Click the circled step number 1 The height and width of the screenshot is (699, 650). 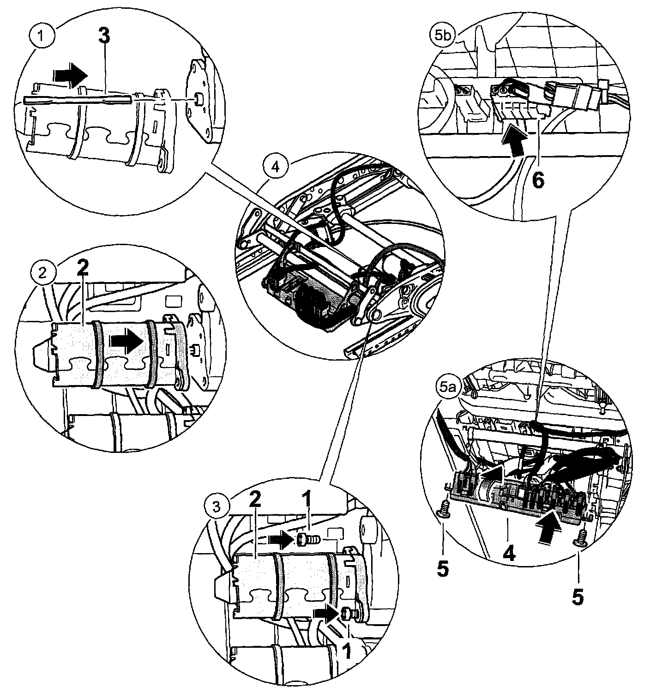point(42,36)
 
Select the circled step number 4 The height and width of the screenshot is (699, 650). point(275,167)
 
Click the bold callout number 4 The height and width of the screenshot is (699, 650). point(509,553)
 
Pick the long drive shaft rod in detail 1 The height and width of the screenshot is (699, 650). point(78,99)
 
